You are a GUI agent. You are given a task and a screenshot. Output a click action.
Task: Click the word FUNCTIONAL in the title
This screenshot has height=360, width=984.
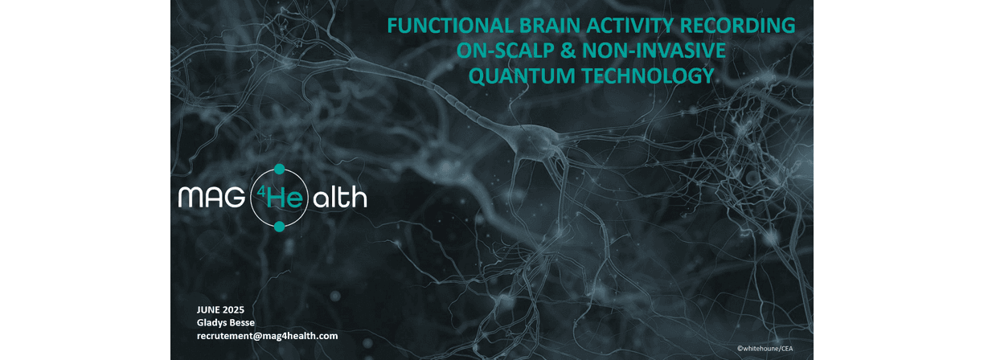coord(450,26)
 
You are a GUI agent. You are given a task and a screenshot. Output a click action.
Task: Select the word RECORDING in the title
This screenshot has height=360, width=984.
coord(737,26)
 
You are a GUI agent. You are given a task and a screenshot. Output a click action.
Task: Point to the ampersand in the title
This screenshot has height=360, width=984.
coord(568,51)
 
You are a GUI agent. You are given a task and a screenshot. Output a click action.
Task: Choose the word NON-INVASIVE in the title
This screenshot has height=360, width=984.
coord(654,51)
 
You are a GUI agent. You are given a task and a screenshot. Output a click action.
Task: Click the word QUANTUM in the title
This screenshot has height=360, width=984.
coord(523,76)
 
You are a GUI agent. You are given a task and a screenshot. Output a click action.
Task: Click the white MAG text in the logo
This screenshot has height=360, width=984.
coord(211,198)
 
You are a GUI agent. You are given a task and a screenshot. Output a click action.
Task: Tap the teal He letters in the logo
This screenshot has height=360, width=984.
coord(285,198)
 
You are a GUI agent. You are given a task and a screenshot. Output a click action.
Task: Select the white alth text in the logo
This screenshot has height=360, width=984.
coord(340,198)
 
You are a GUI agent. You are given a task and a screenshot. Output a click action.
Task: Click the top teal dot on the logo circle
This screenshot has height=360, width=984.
coord(280,169)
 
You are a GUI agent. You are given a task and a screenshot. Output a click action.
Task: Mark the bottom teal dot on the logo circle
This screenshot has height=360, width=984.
coord(279,227)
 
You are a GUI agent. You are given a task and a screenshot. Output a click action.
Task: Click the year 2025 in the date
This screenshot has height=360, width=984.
coord(233,310)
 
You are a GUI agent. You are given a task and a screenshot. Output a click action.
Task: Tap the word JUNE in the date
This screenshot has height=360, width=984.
coord(207,310)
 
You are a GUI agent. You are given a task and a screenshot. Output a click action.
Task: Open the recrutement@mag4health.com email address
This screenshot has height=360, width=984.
coord(268,336)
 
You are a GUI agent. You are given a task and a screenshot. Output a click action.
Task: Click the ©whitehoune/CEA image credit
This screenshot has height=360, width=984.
coord(765,349)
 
